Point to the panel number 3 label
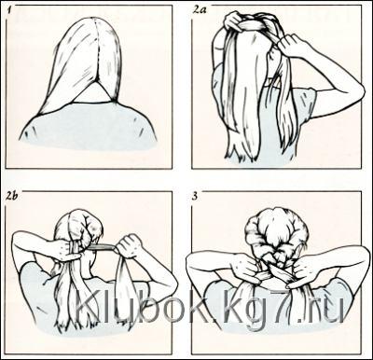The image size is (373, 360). tap(195, 197)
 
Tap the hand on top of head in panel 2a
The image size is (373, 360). tap(236, 21)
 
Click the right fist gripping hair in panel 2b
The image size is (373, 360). tap(130, 246)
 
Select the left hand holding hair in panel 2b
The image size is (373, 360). tap(67, 250)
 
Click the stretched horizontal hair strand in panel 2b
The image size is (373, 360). tap(101, 247)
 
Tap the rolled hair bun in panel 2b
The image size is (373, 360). tap(81, 226)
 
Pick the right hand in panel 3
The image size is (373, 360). tap(305, 271)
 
